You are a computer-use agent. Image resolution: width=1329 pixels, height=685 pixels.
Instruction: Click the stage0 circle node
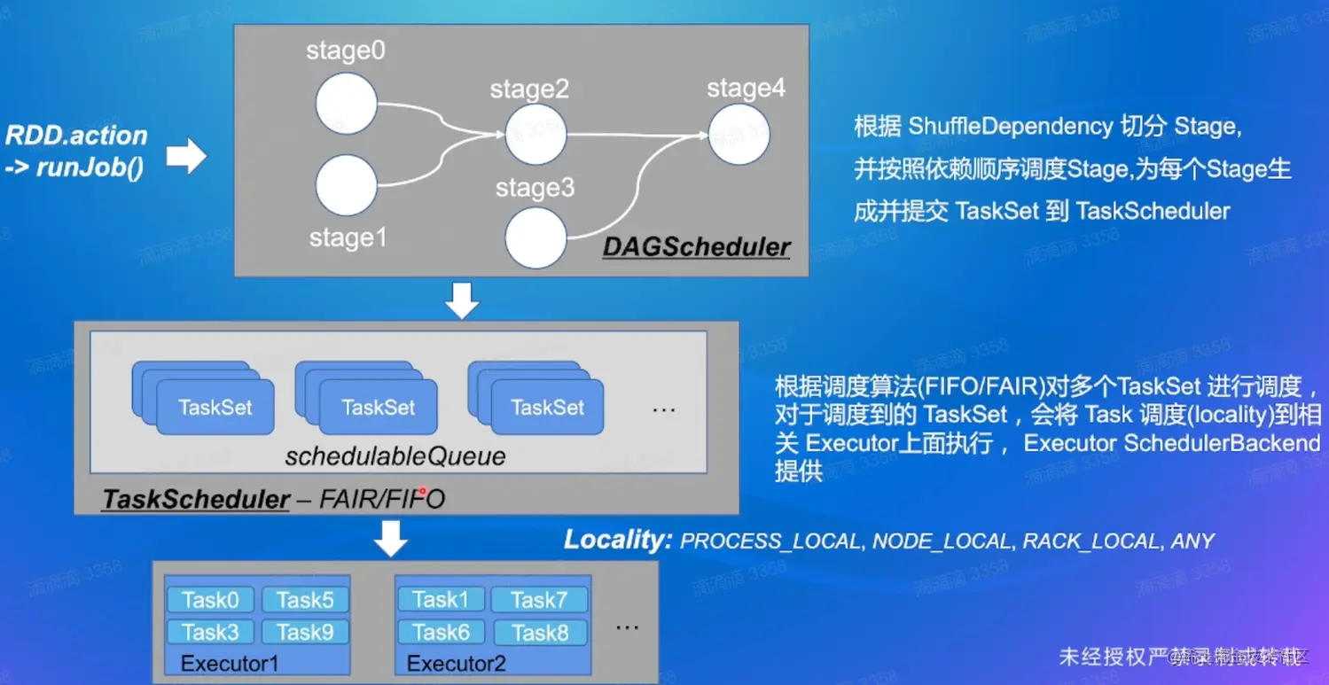346,104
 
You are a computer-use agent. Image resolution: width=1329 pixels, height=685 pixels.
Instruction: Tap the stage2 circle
536,134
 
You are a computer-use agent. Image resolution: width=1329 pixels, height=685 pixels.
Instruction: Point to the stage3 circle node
536,238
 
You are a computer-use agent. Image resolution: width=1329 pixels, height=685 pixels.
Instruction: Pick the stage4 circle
739,134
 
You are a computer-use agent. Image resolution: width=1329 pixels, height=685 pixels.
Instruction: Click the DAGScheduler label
696,247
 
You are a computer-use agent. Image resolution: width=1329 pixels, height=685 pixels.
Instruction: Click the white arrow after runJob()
186,158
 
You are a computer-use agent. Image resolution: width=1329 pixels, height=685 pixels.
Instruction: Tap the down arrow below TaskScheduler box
391,539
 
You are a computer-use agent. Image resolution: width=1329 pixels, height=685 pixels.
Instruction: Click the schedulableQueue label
395,456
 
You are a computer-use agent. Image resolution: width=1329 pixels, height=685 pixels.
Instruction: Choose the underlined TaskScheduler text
196,500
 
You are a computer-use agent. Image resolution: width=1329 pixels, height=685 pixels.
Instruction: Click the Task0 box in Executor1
210,600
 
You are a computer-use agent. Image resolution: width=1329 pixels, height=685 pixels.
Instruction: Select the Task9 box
305,632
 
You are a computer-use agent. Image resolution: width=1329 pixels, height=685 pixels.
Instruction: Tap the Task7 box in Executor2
538,600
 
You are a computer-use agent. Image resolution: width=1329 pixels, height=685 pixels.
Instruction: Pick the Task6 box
441,632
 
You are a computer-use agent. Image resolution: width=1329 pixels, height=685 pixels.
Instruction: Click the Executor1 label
229,663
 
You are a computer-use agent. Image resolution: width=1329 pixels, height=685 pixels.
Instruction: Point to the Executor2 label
456,663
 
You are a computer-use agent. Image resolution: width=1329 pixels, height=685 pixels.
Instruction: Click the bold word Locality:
618,540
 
